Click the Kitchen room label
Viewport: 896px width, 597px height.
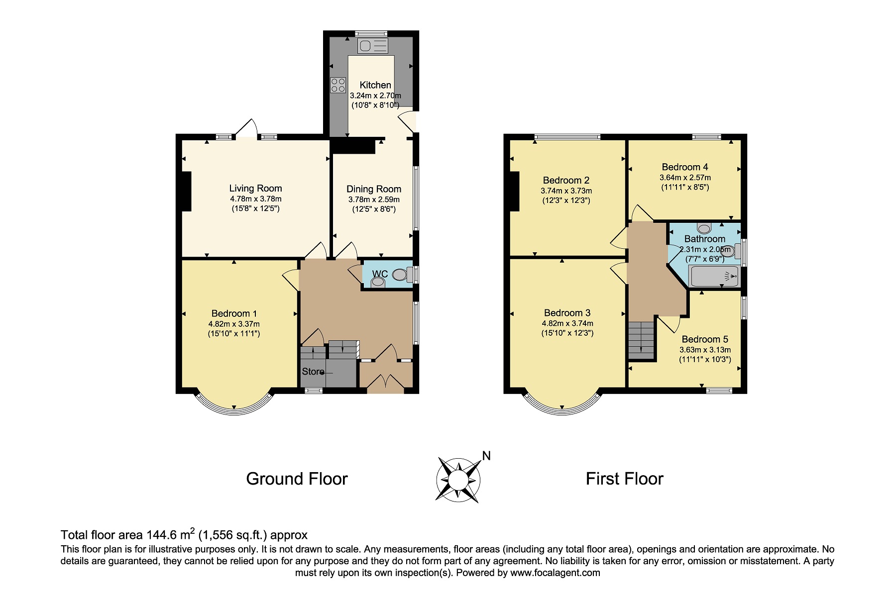pyautogui.click(x=375, y=85)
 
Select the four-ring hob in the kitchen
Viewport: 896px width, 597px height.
pyautogui.click(x=338, y=85)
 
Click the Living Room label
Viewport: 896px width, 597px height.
pyautogui.click(x=255, y=189)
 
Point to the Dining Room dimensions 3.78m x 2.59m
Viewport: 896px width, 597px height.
pyautogui.click(x=374, y=199)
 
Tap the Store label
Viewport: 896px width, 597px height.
pyautogui.click(x=313, y=372)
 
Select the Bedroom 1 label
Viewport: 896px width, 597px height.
pyautogui.click(x=234, y=313)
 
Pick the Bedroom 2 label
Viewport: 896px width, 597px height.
pyautogui.click(x=566, y=181)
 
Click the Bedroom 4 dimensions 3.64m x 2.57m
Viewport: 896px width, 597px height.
pyautogui.click(x=685, y=178)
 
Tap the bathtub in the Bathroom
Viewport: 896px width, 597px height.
pyautogui.click(x=714, y=276)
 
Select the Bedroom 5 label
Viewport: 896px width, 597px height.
pyautogui.click(x=705, y=339)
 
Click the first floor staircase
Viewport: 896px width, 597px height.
pyautogui.click(x=641, y=340)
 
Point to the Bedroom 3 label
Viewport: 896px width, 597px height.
pyautogui.click(x=567, y=313)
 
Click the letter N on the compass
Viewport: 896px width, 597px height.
pyautogui.click(x=486, y=456)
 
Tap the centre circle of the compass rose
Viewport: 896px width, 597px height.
pyautogui.click(x=458, y=480)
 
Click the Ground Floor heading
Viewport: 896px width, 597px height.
pyautogui.click(x=297, y=479)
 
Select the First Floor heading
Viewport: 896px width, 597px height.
pyautogui.click(x=624, y=479)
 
